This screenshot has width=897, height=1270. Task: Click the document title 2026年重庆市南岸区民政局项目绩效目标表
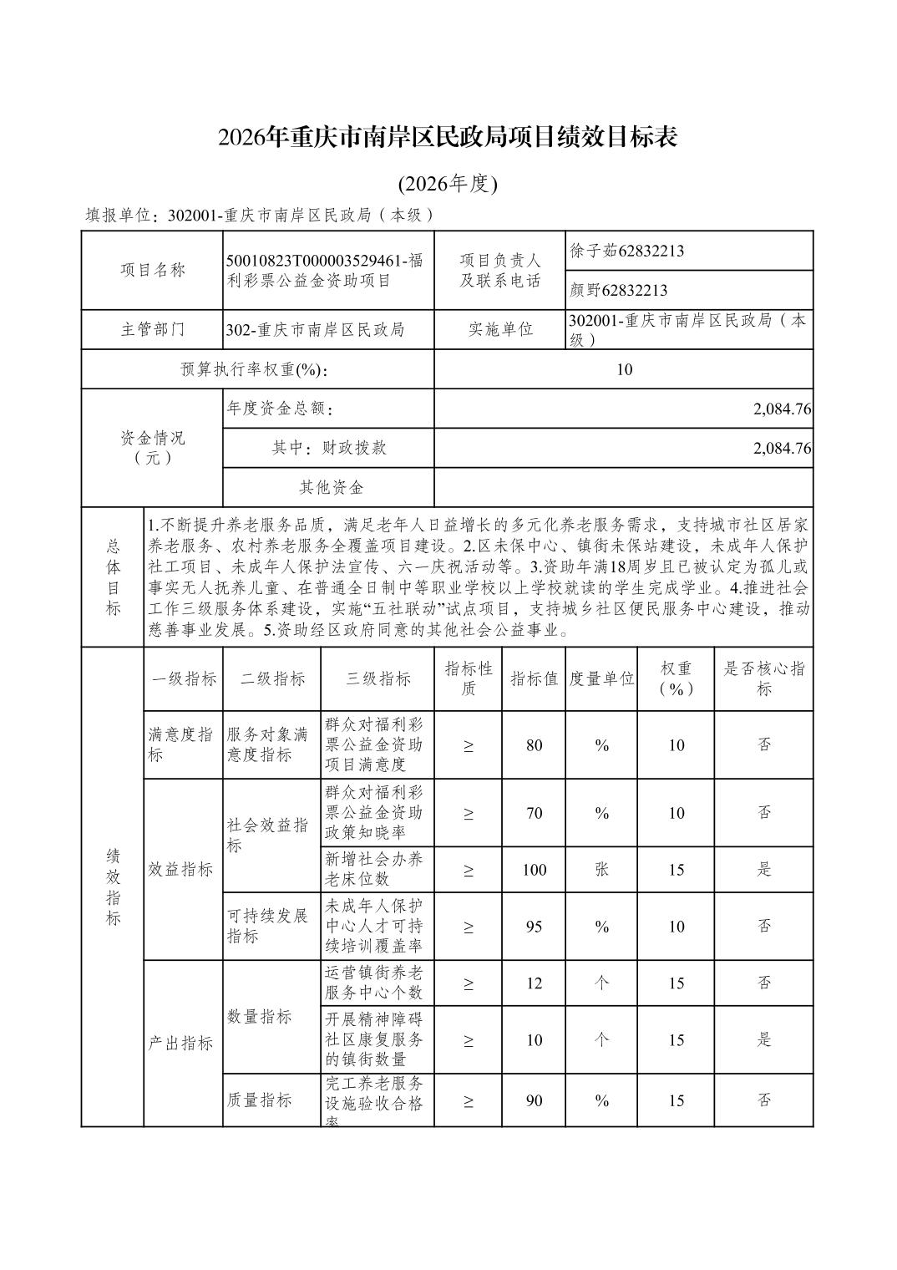tap(448, 137)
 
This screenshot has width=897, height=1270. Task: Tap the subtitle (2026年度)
tap(448, 184)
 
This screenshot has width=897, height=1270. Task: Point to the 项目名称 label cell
tap(153, 270)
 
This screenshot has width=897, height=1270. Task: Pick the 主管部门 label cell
tap(153, 329)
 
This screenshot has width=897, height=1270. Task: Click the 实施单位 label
tap(500, 329)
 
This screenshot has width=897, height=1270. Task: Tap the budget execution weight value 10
tap(624, 369)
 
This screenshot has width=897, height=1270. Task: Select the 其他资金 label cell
tap(331, 487)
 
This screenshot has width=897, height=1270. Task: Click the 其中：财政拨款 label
tap(329, 448)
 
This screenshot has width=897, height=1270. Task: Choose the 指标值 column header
tap(535, 678)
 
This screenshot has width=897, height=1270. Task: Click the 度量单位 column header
tap(601, 678)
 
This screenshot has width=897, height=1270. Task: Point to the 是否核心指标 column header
tap(763, 678)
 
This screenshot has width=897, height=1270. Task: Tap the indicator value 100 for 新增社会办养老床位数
tap(535, 870)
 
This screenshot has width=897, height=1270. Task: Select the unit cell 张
tap(601, 870)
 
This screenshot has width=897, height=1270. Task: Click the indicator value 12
tap(535, 983)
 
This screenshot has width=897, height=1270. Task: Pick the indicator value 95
tap(535, 927)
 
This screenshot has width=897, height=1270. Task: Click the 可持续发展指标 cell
tap(268, 926)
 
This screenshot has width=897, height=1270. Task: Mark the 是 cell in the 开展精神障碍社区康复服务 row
tap(763, 1040)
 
